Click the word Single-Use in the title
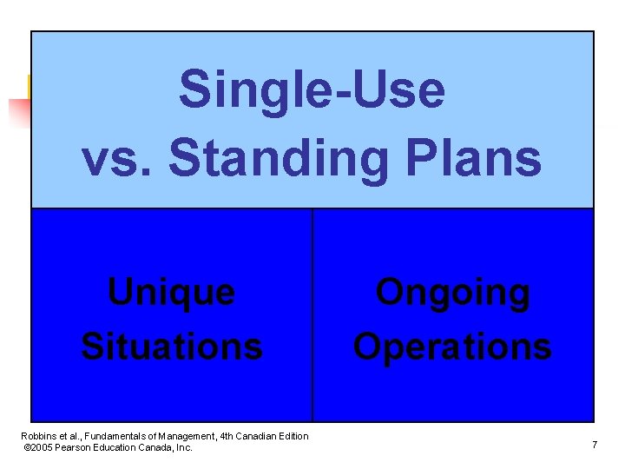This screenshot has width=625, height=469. click(312, 91)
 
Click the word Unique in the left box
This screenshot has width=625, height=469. click(171, 292)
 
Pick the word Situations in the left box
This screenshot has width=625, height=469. click(171, 346)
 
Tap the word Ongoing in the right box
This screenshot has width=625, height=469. click(452, 292)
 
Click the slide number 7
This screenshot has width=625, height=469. click(594, 445)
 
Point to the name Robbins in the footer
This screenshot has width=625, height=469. click(38, 436)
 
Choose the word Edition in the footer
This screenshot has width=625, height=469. click(291, 436)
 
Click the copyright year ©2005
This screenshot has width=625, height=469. click(39, 447)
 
